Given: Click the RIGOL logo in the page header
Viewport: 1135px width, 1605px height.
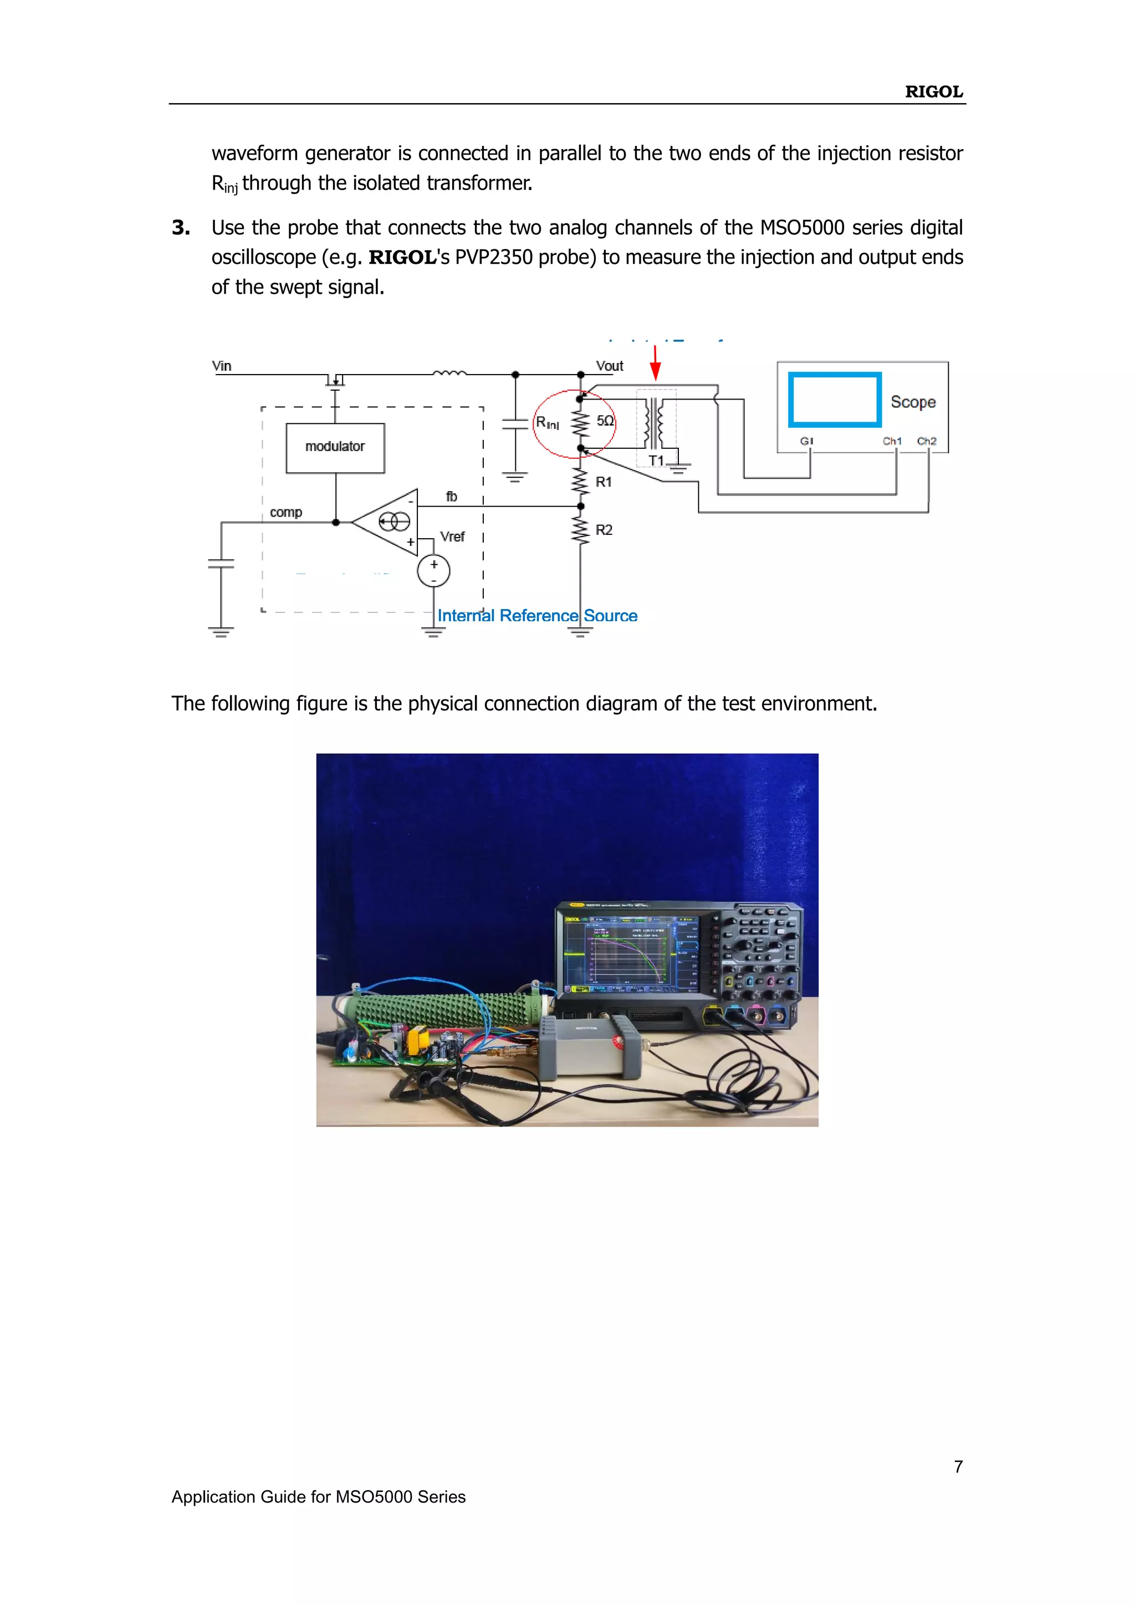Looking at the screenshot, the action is pyautogui.click(x=933, y=91).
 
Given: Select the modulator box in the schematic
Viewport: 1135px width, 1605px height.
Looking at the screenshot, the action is pyautogui.click(x=335, y=447).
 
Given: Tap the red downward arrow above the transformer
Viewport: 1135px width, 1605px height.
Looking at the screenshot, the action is pyautogui.click(x=655, y=363).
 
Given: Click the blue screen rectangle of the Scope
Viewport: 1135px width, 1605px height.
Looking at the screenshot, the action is pyautogui.click(x=835, y=400).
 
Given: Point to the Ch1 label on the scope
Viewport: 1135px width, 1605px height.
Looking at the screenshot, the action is pyautogui.click(x=892, y=441).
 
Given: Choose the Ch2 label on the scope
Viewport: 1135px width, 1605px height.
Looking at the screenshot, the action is pyautogui.click(x=926, y=441).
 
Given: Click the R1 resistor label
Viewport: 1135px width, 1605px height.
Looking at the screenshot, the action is pyautogui.click(x=603, y=482).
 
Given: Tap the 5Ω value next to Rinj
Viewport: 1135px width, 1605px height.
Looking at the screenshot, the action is pyautogui.click(x=605, y=421).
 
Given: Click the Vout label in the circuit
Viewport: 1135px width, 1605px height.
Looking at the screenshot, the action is pyautogui.click(x=609, y=366).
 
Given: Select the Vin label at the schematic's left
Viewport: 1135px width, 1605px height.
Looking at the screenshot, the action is pyautogui.click(x=222, y=366).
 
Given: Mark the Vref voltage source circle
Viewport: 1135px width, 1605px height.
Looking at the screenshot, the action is pyautogui.click(x=433, y=571).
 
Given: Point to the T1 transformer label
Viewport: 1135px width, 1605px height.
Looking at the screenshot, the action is pyautogui.click(x=656, y=460).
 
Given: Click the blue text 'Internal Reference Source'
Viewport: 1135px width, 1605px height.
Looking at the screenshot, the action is pyautogui.click(x=537, y=616).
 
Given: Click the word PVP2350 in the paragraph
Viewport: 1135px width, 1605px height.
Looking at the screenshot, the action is pyautogui.click(x=498, y=258).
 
